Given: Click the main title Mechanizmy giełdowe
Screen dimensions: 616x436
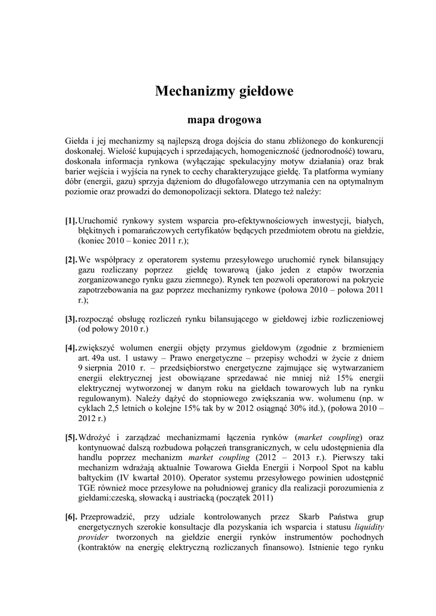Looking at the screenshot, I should click(x=224, y=91).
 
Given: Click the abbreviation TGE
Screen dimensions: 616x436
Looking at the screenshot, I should click(x=88, y=488).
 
